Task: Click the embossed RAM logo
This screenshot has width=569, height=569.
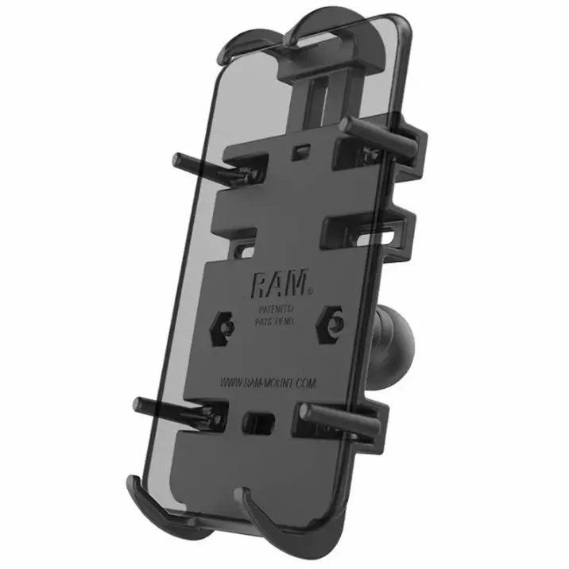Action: (x=273, y=284)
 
